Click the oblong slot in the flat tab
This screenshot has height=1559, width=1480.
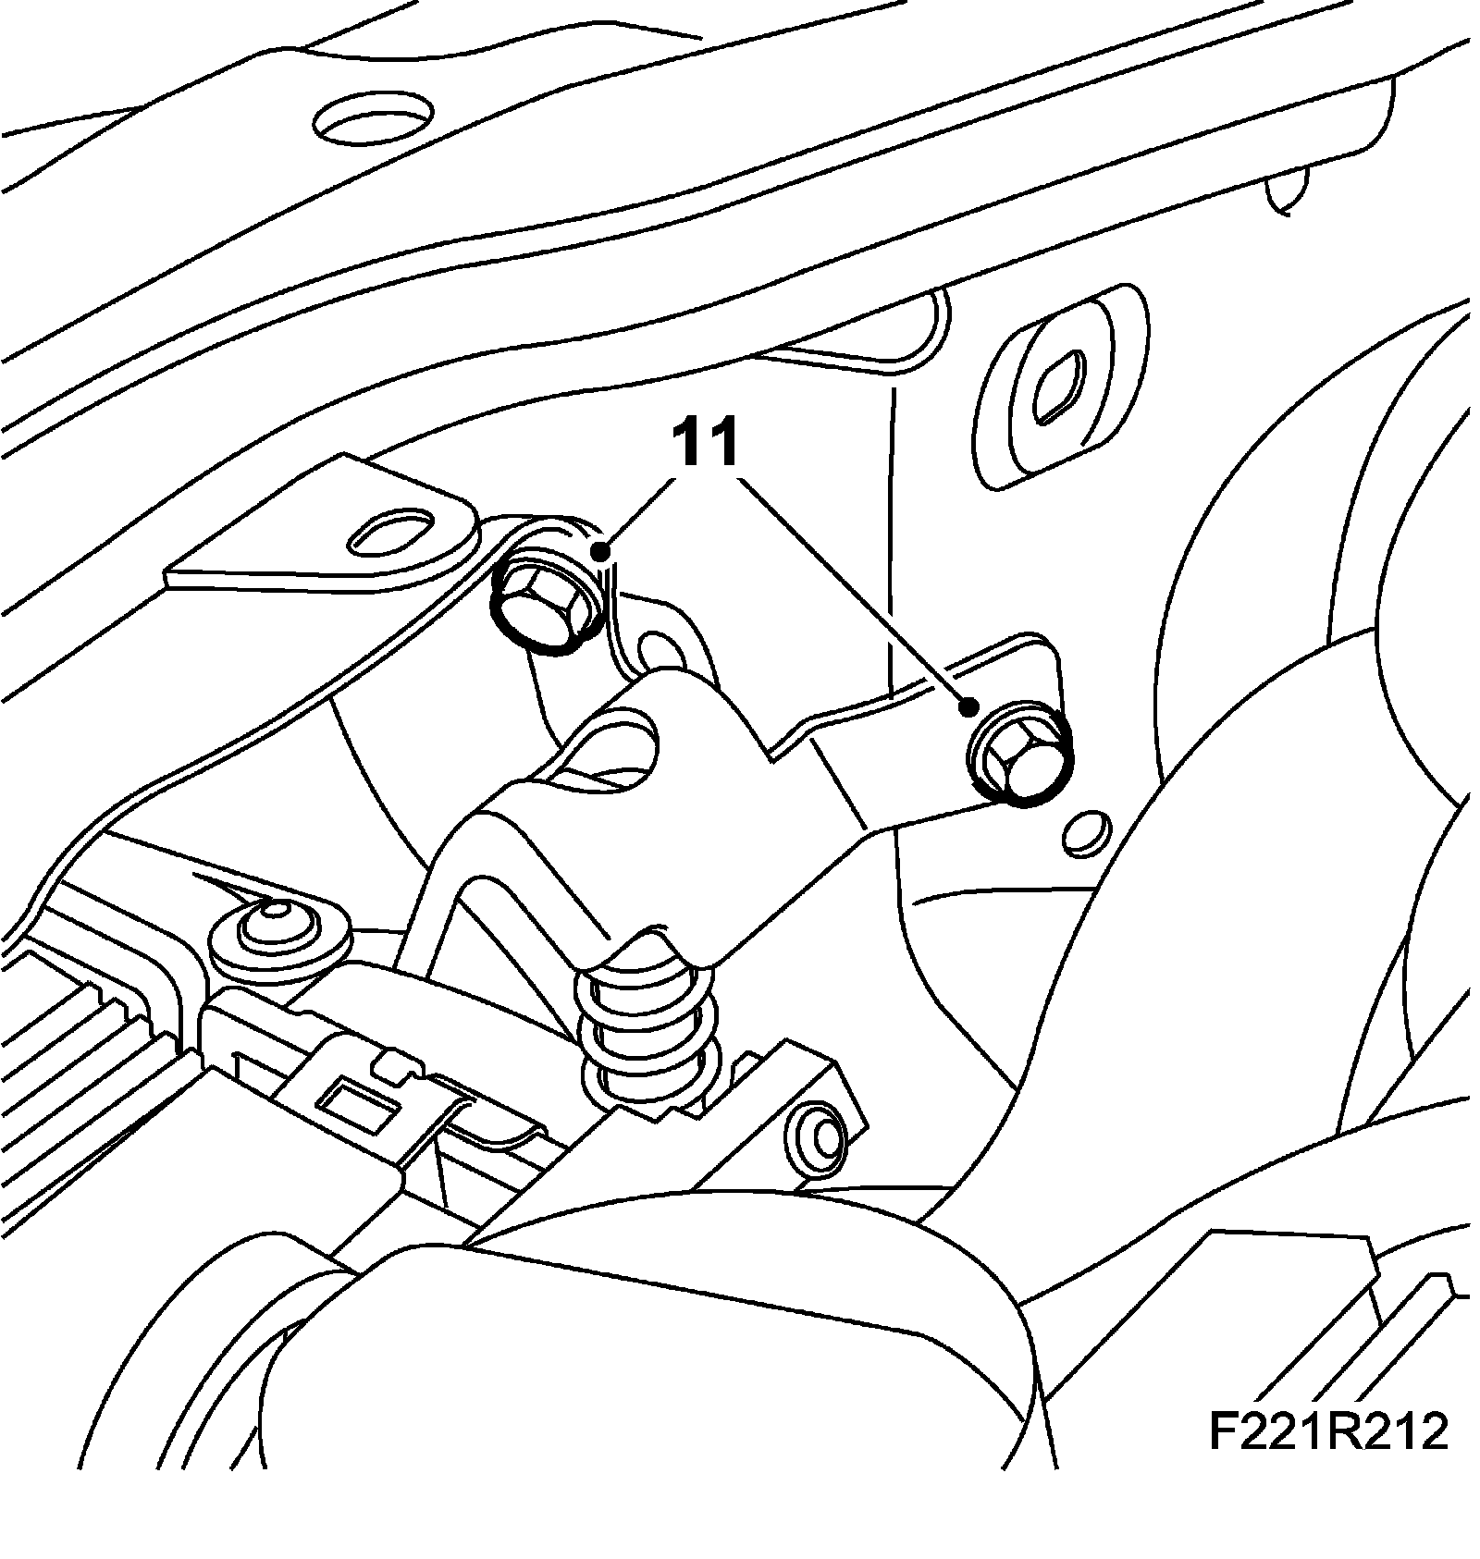[x=392, y=534]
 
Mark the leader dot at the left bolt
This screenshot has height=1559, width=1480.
[x=601, y=553]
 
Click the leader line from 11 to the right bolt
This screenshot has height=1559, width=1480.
[x=851, y=592]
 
